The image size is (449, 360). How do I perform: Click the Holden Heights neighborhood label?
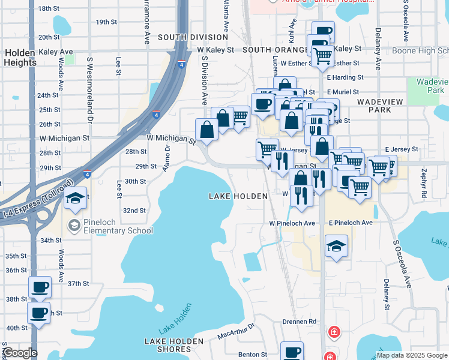(20, 58)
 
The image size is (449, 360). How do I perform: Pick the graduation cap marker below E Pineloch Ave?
(336, 245)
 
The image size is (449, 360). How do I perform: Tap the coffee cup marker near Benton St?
(292, 352)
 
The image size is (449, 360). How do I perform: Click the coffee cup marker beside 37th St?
(40, 287)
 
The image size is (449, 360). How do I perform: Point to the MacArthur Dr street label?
(237, 331)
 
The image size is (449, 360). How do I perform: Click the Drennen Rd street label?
(299, 322)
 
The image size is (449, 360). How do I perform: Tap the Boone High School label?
(420, 50)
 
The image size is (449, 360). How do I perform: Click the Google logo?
(19, 353)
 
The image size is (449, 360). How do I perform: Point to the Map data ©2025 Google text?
(412, 355)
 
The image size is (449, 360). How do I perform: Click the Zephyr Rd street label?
(424, 187)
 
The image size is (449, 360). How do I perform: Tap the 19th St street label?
(106, 22)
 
